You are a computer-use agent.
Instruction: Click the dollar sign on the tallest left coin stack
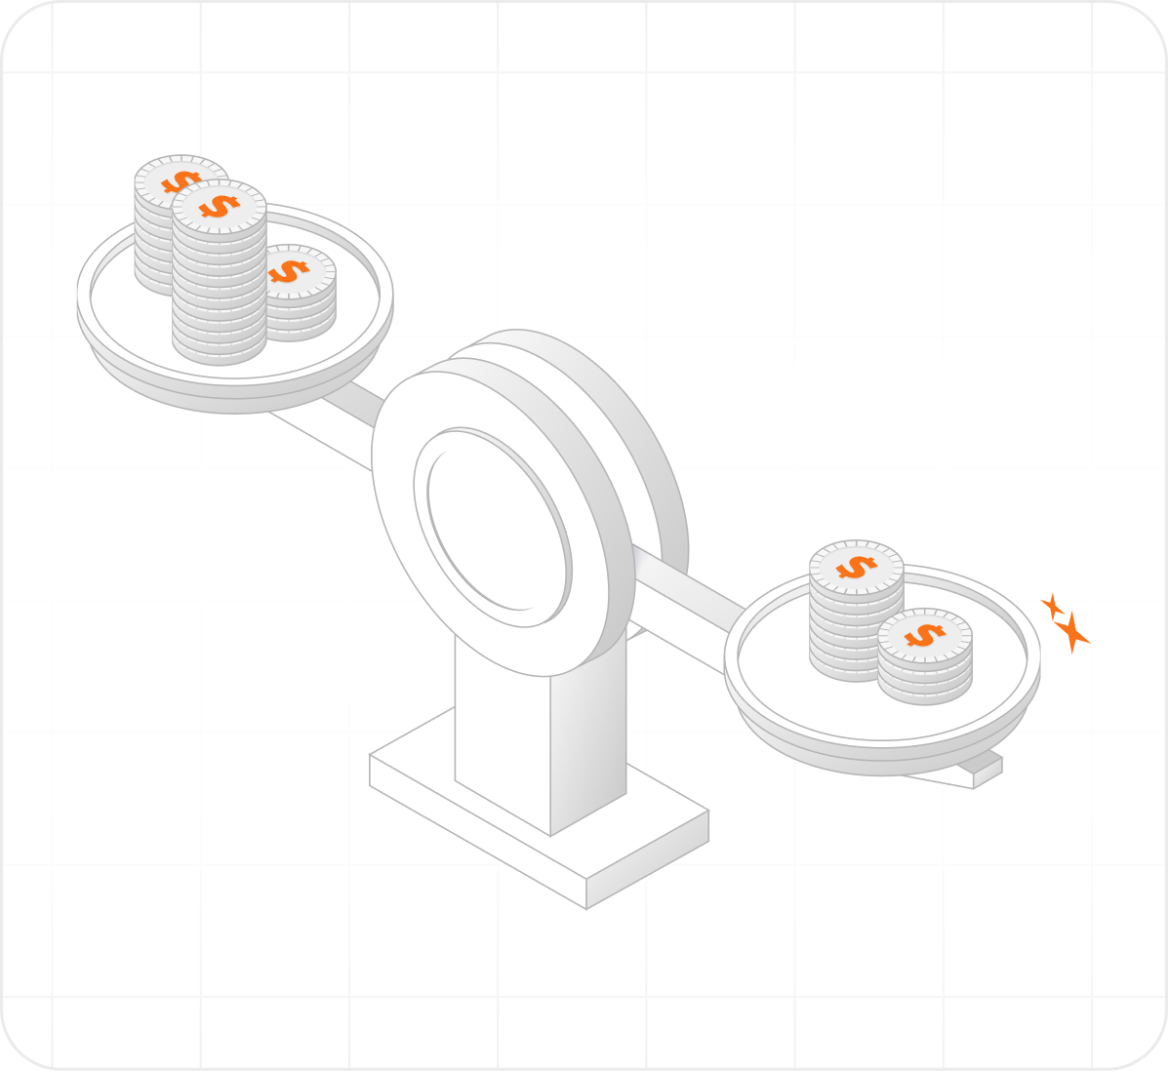tap(220, 206)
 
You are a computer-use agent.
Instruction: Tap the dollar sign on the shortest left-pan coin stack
tap(288, 271)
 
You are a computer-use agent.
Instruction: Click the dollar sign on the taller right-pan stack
tap(856, 567)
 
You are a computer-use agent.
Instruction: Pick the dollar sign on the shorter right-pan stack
tap(924, 636)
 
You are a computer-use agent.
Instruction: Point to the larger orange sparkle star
tap(1072, 632)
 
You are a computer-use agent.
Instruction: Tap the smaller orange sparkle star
tap(1052, 606)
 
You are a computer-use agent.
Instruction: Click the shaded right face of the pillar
tap(588, 741)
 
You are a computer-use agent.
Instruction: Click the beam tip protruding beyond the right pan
tap(987, 771)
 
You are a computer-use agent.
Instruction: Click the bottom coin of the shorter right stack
tap(924, 690)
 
